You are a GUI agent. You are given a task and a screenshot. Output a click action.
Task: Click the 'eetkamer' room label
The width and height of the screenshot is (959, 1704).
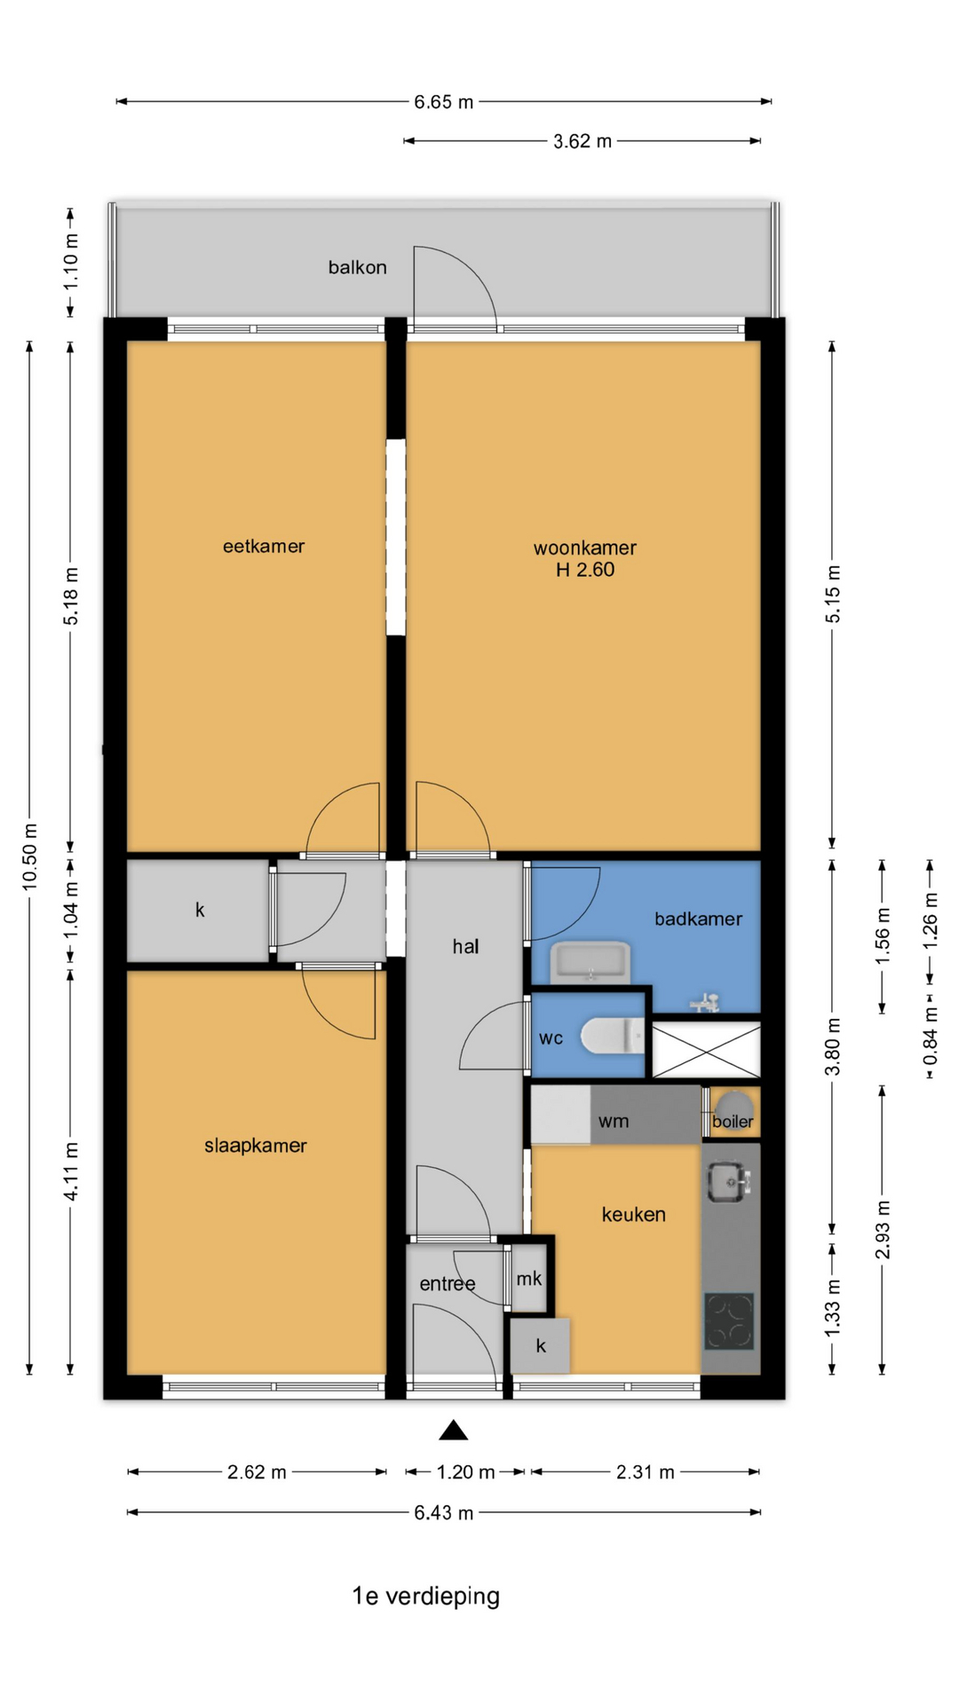coord(264,547)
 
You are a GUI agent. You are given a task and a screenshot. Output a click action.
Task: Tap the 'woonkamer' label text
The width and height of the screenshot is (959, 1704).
coord(585,548)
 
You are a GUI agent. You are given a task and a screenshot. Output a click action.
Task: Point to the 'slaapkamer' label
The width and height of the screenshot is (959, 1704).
coord(256,1146)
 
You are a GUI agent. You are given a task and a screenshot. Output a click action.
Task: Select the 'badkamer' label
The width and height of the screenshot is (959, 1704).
coord(699,919)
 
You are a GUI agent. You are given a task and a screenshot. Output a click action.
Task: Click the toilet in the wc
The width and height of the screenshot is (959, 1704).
coord(613,1036)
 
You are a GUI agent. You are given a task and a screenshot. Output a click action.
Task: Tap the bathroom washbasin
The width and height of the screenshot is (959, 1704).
coord(590,963)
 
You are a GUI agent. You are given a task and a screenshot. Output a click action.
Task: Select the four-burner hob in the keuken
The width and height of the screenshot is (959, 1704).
coord(730,1321)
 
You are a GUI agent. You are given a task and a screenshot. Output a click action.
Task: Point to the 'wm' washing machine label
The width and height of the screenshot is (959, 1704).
coord(614,1121)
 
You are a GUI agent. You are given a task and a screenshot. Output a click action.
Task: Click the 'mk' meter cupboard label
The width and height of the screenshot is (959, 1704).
coord(529,1278)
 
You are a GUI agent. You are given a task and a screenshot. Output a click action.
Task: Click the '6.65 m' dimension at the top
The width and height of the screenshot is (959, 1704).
coord(444,102)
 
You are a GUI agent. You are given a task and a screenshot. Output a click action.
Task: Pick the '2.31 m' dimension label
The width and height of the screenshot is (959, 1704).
coord(646,1472)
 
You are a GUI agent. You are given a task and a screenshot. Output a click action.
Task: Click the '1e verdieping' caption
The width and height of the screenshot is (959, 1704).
coord(426,1597)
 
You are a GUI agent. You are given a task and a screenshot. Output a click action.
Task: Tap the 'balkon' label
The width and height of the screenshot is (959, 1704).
coord(358,267)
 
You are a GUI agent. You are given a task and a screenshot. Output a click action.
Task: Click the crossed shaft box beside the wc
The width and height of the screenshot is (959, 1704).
coord(707,1051)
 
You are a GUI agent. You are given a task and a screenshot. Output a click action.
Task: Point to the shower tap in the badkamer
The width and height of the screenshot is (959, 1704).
coord(706,1002)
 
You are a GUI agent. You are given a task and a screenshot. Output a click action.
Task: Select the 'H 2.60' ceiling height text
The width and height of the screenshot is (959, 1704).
coord(585,570)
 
